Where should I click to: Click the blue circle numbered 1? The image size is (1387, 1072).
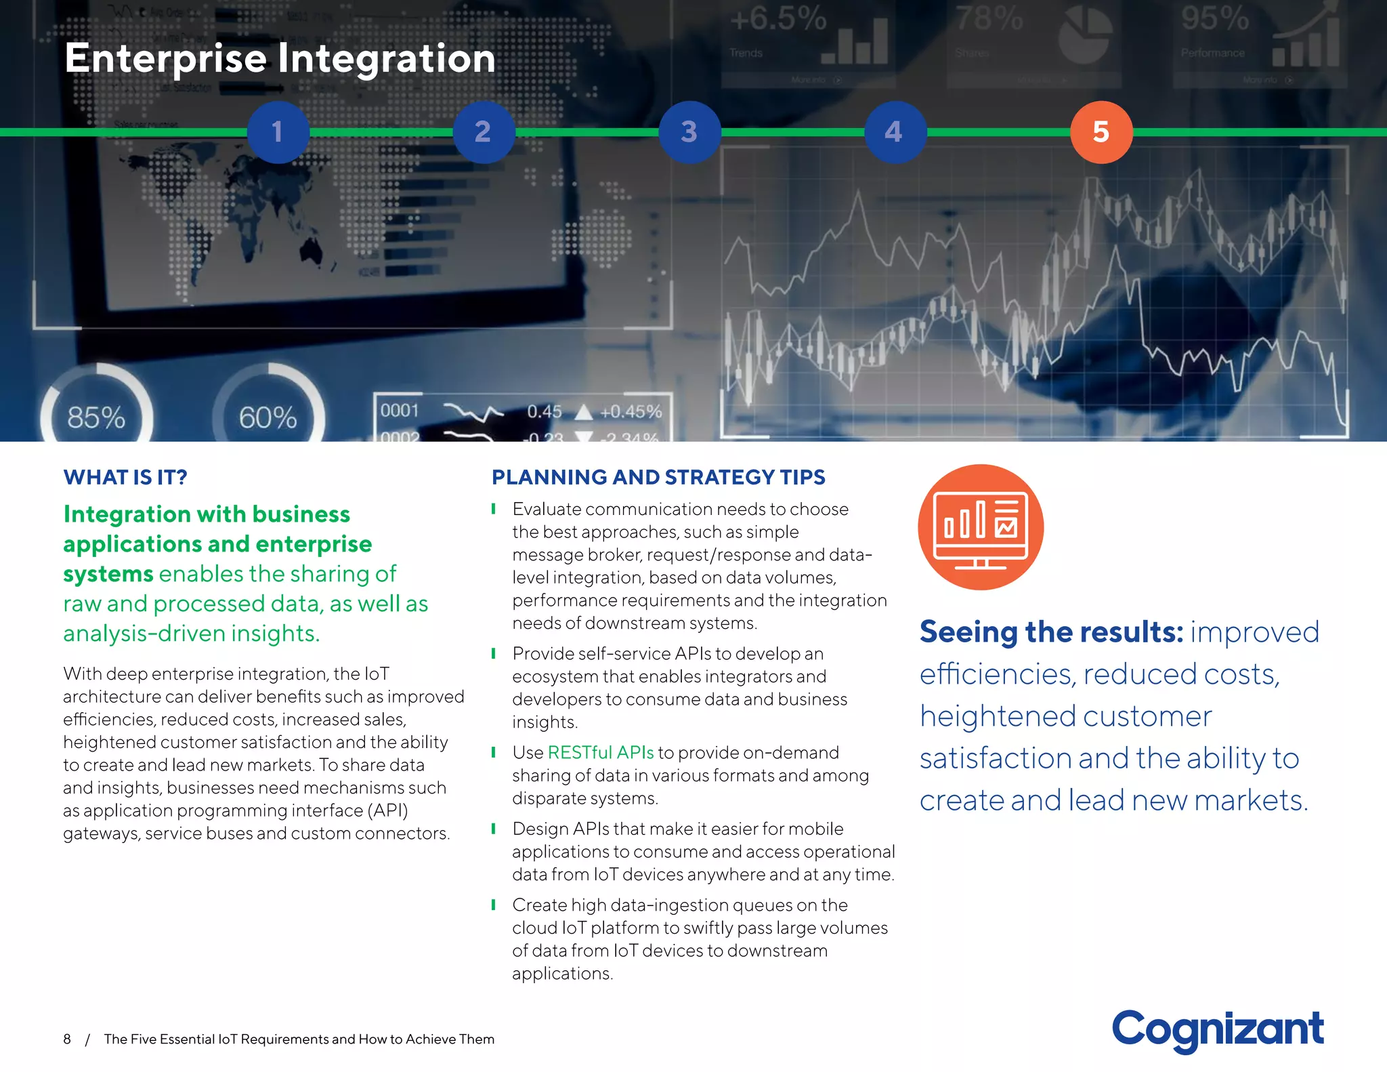pos(278,132)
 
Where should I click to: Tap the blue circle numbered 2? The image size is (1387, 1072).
pos(484,132)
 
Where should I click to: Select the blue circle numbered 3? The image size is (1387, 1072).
pos(689,132)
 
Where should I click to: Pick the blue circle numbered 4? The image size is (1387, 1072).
pos(895,132)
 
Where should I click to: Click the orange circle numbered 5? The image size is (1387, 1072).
pos(1101,132)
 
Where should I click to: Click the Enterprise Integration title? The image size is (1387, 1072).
pos(280,58)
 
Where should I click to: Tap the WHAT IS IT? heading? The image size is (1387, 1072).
pos(125,477)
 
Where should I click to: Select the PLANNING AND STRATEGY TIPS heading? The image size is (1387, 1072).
pos(658,477)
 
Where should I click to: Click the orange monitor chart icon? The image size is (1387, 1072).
pos(980,527)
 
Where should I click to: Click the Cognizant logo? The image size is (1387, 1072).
pos(1217,1029)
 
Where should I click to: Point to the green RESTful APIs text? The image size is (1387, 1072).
pos(600,752)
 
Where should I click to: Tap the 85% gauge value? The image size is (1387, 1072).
pos(96,417)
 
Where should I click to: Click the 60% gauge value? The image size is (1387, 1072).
pos(268,417)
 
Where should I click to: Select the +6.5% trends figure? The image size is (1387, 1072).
pos(778,19)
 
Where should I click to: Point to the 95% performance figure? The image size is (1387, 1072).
pos(1215,19)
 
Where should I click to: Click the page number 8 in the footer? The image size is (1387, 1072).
pos(67,1039)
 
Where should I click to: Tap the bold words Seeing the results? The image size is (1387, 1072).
pos(1051,632)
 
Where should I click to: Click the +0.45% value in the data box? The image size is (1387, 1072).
pos(631,411)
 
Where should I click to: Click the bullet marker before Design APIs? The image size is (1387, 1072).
pos(494,828)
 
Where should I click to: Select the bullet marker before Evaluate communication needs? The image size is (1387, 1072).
pos(494,508)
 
